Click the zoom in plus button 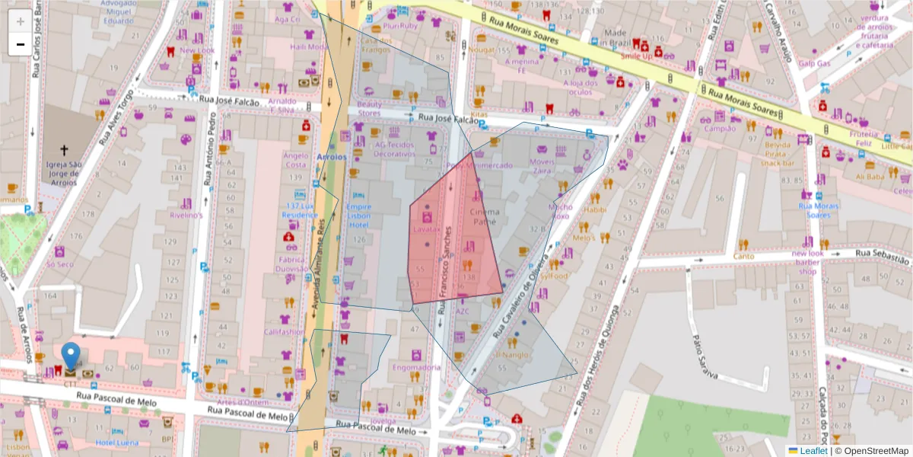point(20,21)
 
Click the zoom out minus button point(20,45)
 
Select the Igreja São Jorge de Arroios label point(64,174)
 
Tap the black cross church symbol point(64,151)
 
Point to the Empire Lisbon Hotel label point(359,216)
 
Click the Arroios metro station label point(331,157)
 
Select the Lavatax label point(427,228)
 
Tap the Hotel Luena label point(116,443)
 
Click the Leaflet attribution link point(815,451)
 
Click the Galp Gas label point(813,63)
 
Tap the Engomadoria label point(416,367)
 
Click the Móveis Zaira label point(542,166)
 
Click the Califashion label point(284,332)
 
